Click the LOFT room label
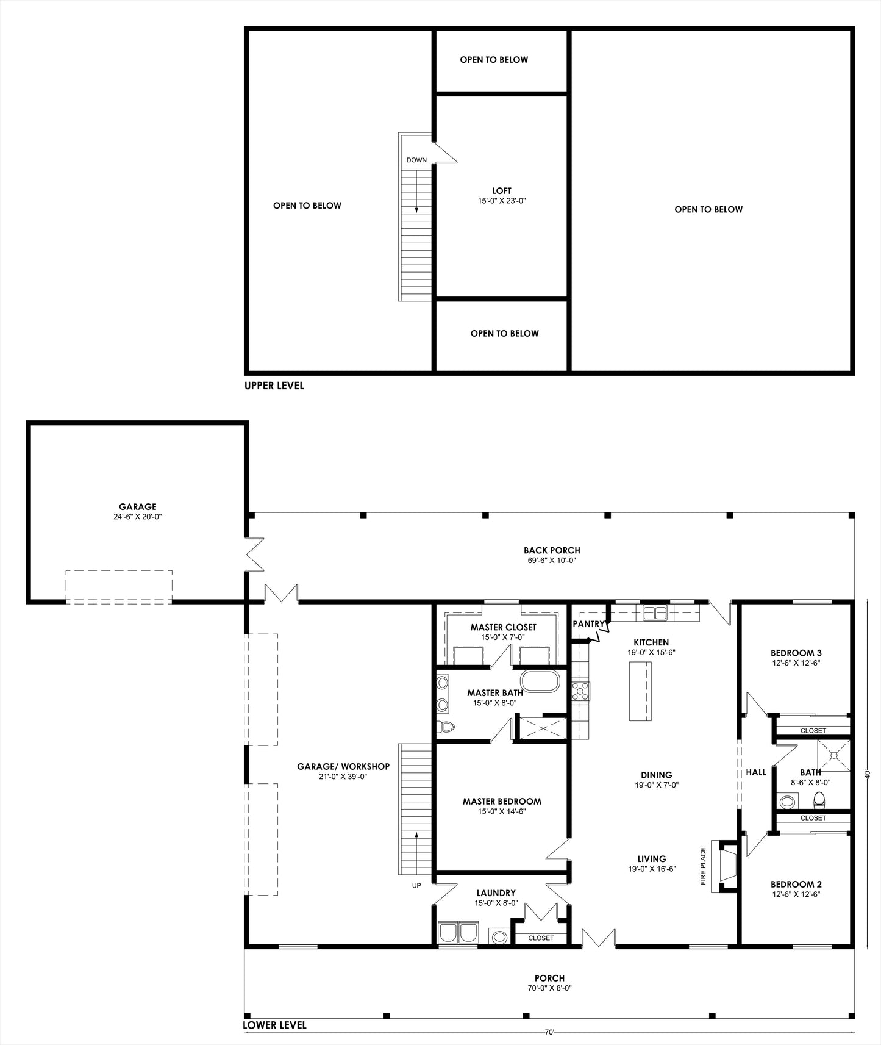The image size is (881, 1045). [x=502, y=191]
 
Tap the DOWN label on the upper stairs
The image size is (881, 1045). [x=416, y=160]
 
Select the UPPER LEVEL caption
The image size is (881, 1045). [x=274, y=386]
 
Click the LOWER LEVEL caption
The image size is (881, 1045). [x=274, y=1025]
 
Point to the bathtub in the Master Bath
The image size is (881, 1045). [x=539, y=681]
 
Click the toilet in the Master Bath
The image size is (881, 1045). [x=446, y=727]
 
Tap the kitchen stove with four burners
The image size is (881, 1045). [x=580, y=691]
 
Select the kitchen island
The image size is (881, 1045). [x=640, y=691]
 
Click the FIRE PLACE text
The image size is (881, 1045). [x=703, y=866]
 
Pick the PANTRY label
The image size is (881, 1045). [x=588, y=624]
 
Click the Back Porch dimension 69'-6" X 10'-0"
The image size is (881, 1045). [x=552, y=560]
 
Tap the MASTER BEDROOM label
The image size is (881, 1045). [x=502, y=802]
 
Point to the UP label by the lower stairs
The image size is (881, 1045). [x=416, y=885]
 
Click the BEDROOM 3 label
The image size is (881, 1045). [x=796, y=653]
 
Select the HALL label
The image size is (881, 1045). [x=756, y=772]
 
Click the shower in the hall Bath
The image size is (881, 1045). [x=833, y=756]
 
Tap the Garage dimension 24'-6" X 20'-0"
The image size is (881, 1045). [x=137, y=517]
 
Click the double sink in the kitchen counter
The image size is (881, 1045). [x=655, y=612]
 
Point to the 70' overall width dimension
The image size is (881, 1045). [x=549, y=1033]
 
